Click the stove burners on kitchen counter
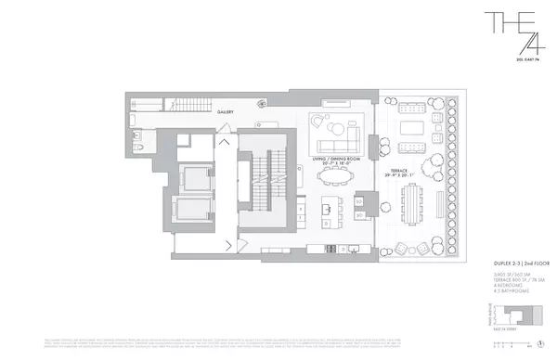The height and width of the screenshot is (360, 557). [330, 249]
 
